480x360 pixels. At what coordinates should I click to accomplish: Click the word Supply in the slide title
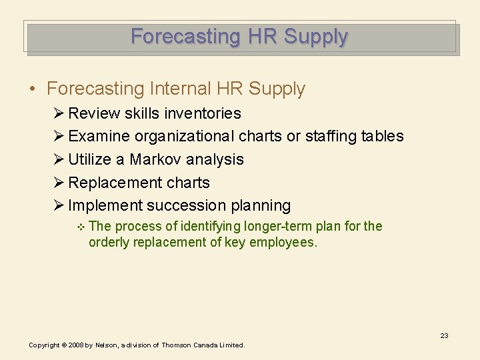[315, 36]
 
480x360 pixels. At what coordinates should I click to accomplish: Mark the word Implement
[105, 205]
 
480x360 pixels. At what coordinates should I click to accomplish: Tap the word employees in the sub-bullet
[283, 242]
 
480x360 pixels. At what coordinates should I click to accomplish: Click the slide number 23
[444, 335]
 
